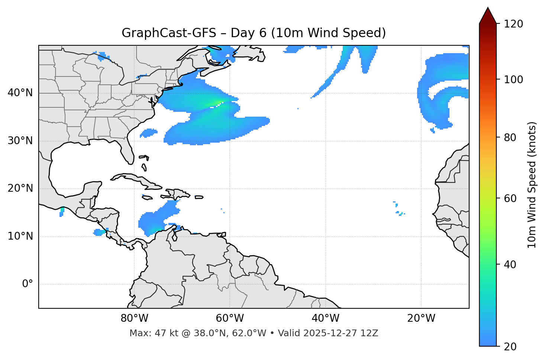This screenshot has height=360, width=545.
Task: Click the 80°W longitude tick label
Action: (134, 318)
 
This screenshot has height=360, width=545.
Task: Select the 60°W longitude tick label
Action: (229, 318)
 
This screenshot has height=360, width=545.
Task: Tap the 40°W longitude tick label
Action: (325, 318)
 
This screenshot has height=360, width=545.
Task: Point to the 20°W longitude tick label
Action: (421, 318)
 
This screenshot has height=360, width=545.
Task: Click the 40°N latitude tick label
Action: (20, 93)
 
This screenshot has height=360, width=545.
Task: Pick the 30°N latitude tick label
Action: (20, 141)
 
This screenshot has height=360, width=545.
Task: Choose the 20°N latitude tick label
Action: (20, 188)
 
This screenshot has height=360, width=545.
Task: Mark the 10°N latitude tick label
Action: (20, 236)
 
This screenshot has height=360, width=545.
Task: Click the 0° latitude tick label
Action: (28, 284)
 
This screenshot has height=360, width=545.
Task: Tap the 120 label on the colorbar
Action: (513, 24)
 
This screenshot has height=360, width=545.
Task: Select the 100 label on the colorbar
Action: (513, 80)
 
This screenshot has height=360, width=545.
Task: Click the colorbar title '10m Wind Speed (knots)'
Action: (532, 185)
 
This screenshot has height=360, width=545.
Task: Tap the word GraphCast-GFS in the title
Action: (169, 33)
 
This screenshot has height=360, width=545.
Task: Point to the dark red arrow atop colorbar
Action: (488, 16)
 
